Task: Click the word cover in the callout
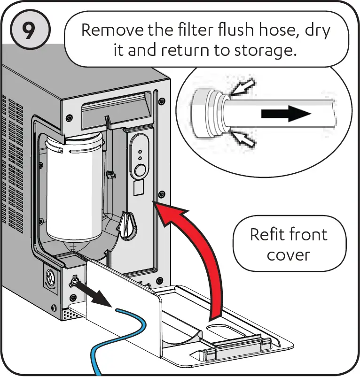(289, 255)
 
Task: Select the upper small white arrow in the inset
(243, 87)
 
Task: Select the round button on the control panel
(139, 171)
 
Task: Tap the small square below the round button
(139, 189)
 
